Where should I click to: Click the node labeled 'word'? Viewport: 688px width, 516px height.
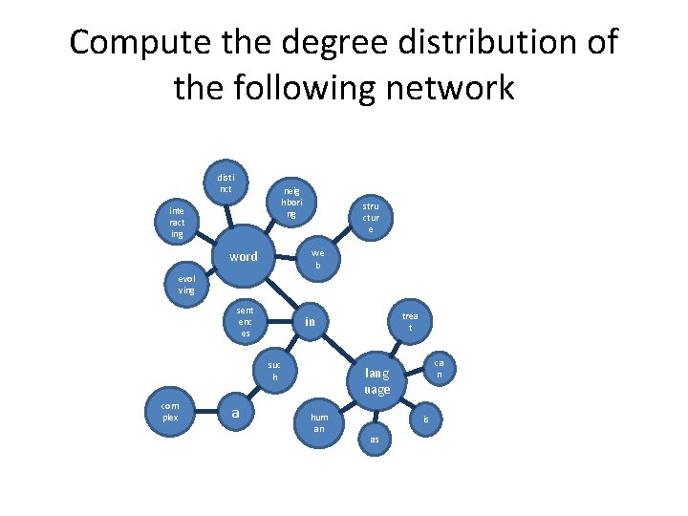[x=244, y=257]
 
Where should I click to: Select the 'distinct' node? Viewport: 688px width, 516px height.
[x=225, y=183]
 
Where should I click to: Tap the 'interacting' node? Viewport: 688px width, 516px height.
[x=177, y=221]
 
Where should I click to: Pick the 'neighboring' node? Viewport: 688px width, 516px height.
[x=291, y=203]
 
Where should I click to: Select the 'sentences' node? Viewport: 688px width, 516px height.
[x=246, y=321]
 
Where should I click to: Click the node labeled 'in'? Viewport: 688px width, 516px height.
[x=310, y=323]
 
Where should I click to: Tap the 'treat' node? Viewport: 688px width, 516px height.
[x=410, y=322]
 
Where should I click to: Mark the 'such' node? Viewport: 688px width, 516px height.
[x=274, y=371]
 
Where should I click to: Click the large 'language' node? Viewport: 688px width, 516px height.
[x=376, y=380]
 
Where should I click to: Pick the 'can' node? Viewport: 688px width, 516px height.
[x=439, y=369]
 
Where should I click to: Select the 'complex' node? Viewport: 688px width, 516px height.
[x=170, y=411]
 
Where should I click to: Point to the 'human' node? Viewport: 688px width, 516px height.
[x=319, y=423]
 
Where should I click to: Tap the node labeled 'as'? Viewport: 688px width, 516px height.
[x=375, y=439]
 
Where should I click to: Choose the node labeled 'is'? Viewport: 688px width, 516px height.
[x=426, y=419]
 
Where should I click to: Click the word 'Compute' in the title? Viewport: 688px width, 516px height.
[x=138, y=43]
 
